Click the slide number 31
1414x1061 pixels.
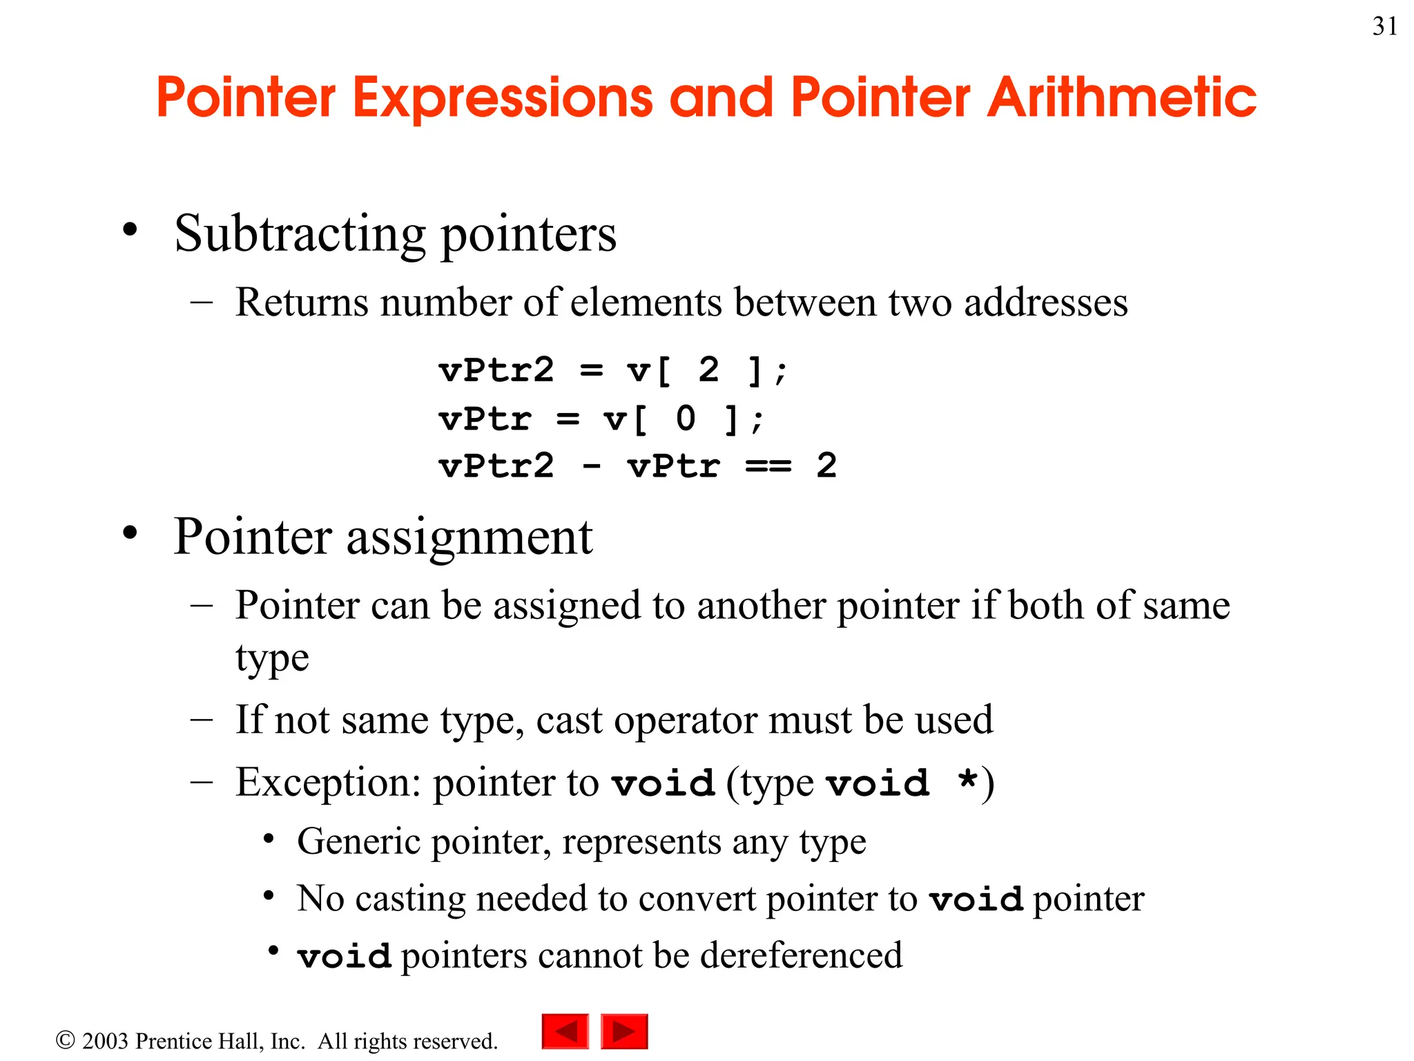click(1384, 26)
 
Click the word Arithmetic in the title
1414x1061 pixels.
click(1122, 98)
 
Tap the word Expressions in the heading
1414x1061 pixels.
click(503, 98)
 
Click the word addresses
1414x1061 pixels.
click(1045, 303)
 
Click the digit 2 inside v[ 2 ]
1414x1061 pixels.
click(708, 370)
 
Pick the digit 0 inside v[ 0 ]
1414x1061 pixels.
click(686, 419)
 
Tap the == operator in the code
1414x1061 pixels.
click(768, 466)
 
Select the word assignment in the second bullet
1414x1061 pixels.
click(469, 537)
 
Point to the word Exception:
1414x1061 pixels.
click(328, 783)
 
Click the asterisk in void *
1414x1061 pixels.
click(968, 781)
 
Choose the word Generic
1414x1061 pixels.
click(359, 842)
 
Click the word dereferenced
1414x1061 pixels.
click(801, 956)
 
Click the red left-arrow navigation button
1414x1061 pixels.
click(565, 1031)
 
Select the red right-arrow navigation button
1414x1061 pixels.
click(624, 1031)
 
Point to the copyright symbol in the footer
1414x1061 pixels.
click(65, 1040)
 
